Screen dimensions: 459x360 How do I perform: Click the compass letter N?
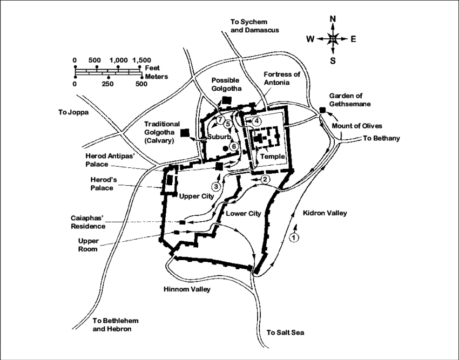(x=333, y=19)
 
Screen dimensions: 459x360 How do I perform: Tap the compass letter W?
(x=310, y=39)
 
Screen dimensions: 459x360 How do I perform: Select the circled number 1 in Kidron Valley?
(x=294, y=236)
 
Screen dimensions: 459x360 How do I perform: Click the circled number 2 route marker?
(x=265, y=179)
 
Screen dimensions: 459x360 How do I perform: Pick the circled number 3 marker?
(x=216, y=187)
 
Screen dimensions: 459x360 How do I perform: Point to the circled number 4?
(x=257, y=121)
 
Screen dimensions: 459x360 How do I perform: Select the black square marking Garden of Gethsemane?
(x=322, y=110)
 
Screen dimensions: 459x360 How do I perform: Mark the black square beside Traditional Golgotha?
(x=185, y=132)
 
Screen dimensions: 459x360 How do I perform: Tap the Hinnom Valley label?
(x=187, y=290)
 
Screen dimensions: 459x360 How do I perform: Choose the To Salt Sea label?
(x=286, y=332)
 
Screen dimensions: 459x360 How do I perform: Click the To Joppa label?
(x=72, y=113)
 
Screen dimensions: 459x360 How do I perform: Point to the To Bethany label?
(x=381, y=138)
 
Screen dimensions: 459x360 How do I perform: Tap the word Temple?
(x=272, y=157)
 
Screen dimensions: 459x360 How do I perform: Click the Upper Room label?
(x=87, y=245)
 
